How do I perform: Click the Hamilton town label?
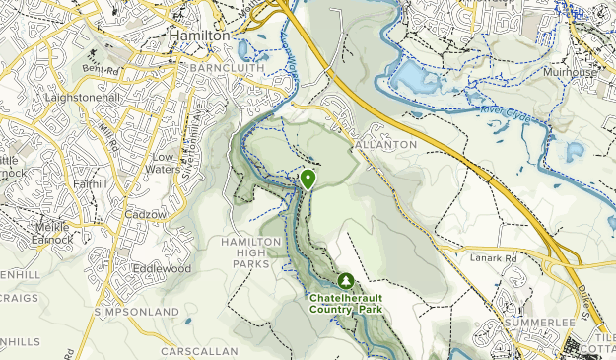(x=200, y=35)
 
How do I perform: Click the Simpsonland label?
(x=135, y=312)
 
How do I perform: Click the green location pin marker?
(x=308, y=179)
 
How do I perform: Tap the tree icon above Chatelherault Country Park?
(x=345, y=281)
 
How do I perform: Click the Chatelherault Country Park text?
(x=346, y=303)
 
